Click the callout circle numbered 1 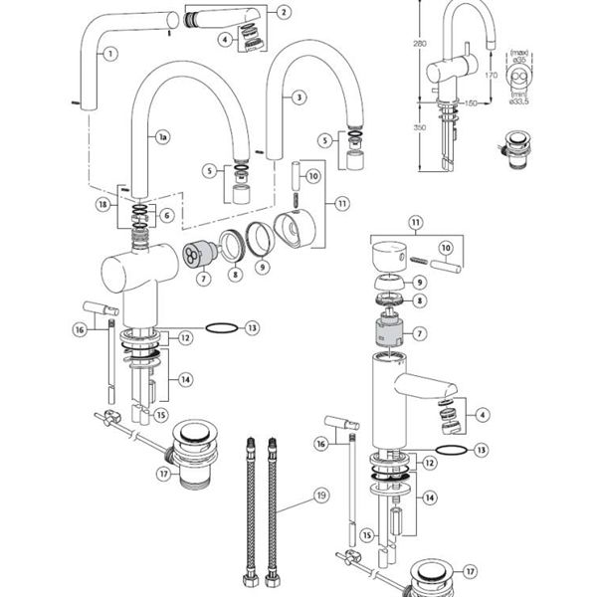109,53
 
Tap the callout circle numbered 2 284,12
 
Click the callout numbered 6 167,215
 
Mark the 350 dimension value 420,127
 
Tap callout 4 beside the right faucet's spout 482,414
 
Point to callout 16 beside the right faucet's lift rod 320,444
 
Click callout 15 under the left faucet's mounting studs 162,414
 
